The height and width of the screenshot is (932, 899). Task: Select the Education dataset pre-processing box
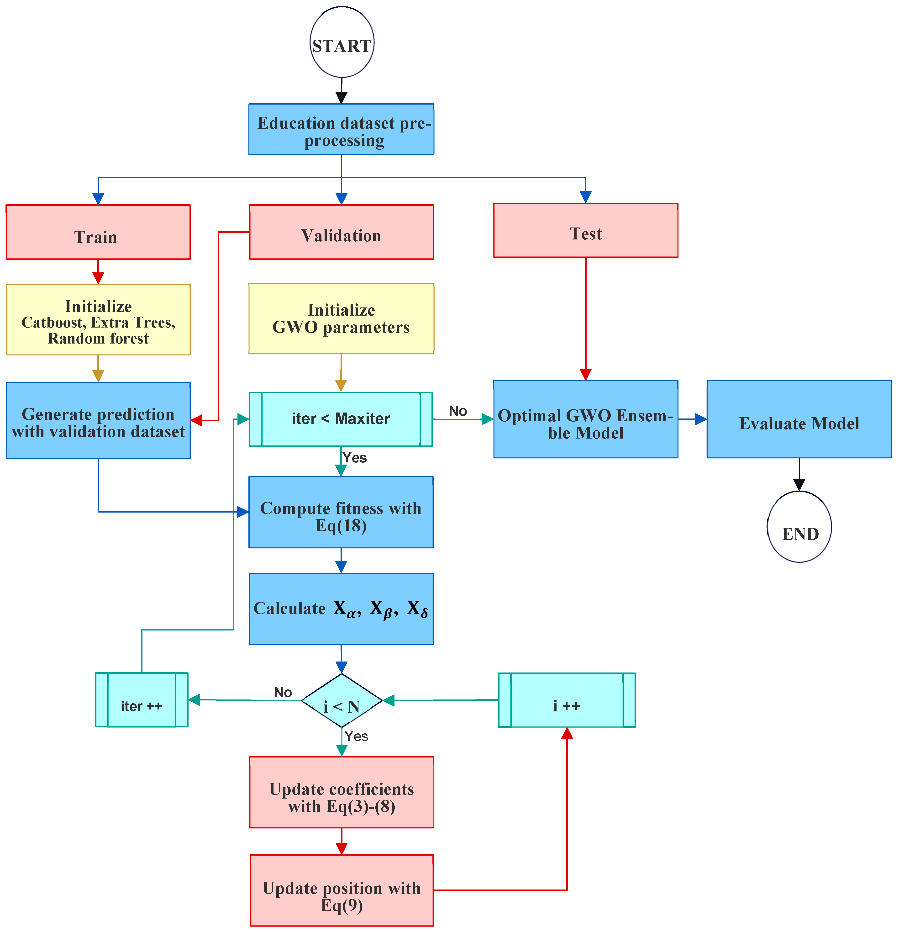pyautogui.click(x=341, y=129)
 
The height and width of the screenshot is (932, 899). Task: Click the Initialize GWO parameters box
pyautogui.click(x=341, y=319)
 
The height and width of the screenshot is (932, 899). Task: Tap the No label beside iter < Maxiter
pyautogui.click(x=458, y=411)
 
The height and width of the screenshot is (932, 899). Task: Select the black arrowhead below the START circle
pyautogui.click(x=341, y=97)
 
